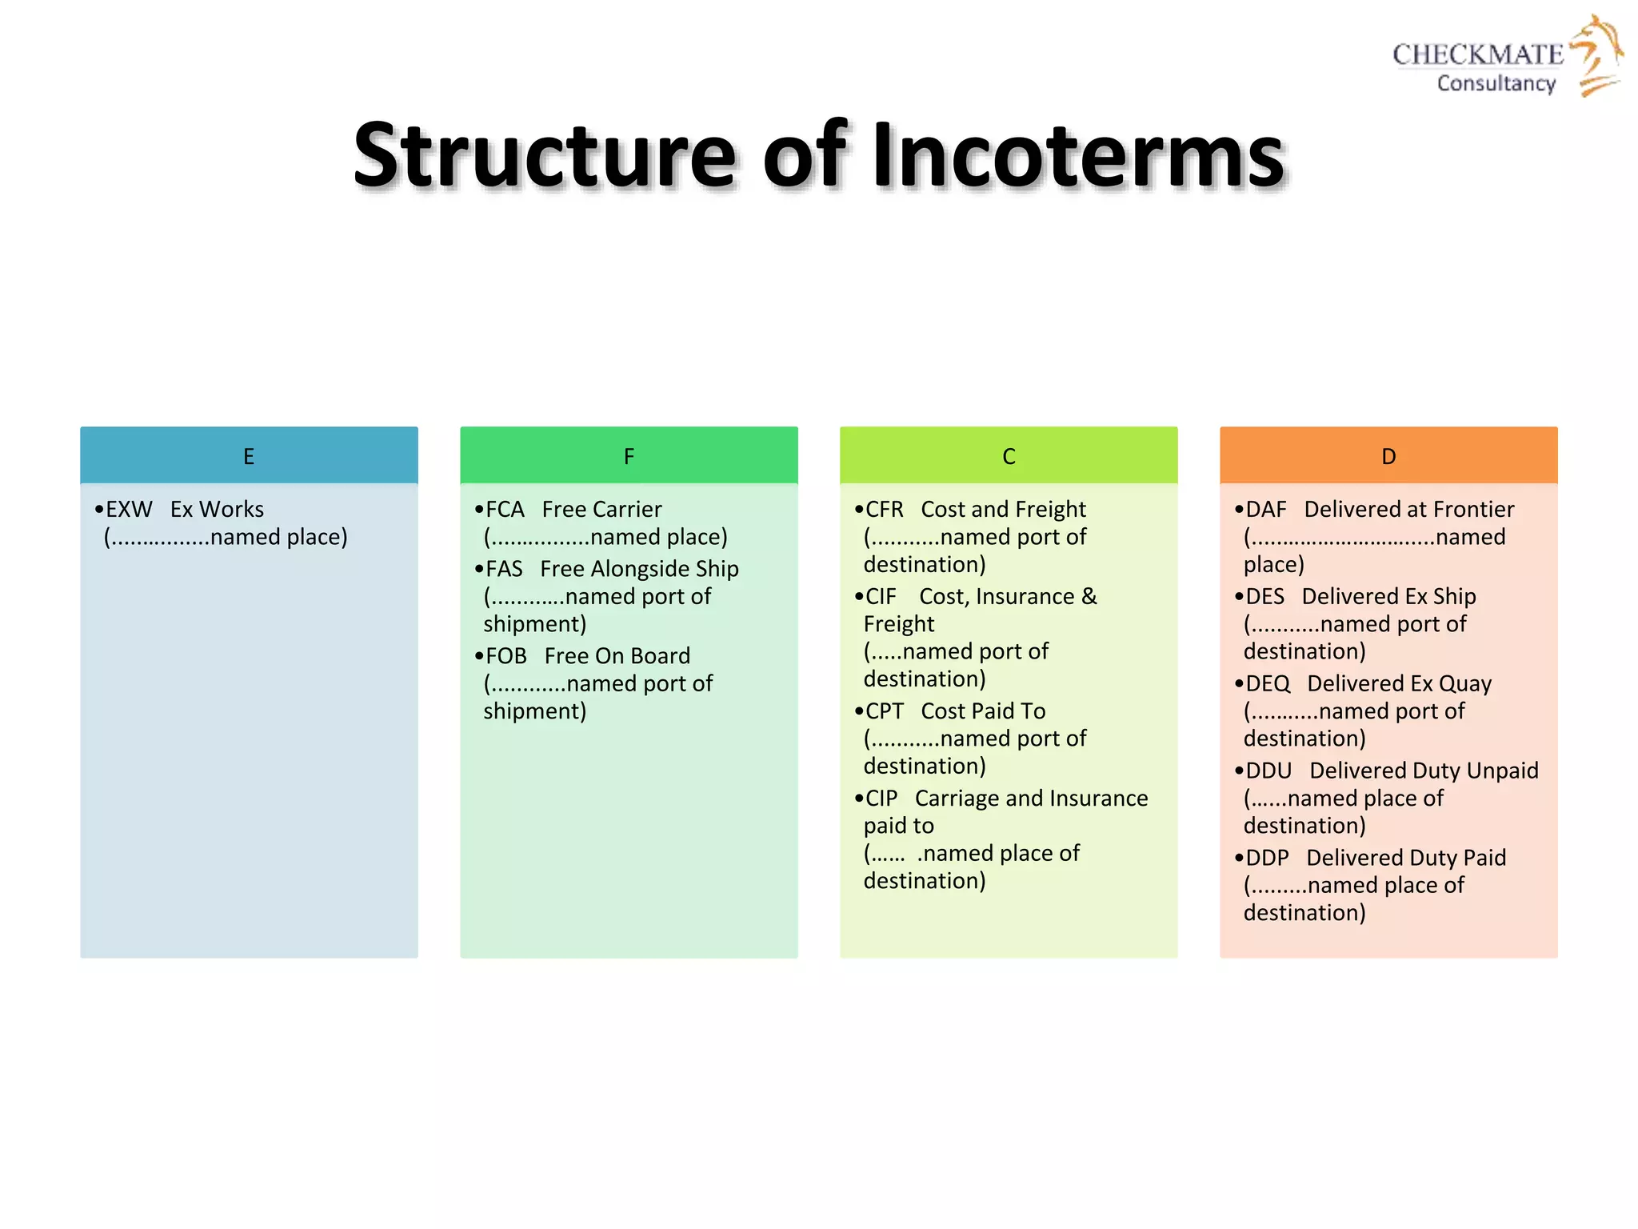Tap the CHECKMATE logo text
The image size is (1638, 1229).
(1478, 54)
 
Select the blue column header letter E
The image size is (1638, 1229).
(249, 456)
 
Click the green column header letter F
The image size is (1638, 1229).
(629, 456)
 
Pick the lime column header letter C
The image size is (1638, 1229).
(1009, 456)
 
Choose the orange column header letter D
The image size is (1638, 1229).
(1388, 456)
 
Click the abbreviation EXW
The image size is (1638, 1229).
(129, 510)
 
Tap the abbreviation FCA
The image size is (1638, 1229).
(505, 510)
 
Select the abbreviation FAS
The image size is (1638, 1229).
(504, 569)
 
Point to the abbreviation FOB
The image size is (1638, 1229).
(506, 656)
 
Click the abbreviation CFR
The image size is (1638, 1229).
(885, 510)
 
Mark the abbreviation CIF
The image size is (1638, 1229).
(881, 597)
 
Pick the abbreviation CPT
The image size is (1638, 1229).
(885, 711)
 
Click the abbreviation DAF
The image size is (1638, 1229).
(1266, 510)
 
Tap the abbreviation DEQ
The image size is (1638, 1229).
(1268, 684)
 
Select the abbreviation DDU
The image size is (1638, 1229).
(1268, 771)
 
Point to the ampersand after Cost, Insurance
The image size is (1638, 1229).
(1089, 597)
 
